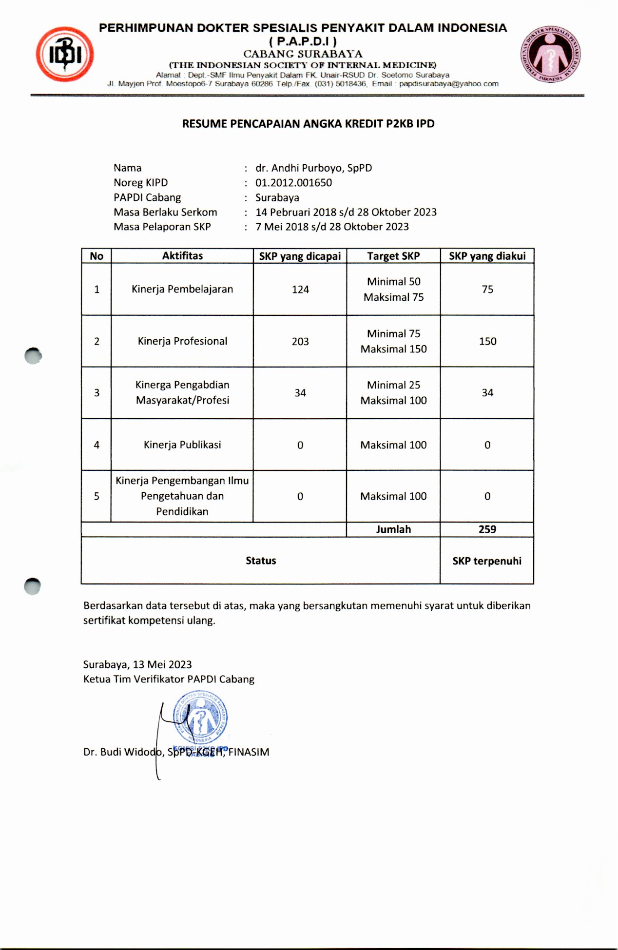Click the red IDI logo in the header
point(65,54)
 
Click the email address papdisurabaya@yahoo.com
point(449,84)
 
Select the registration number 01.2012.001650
point(293,183)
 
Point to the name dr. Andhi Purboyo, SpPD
point(313,168)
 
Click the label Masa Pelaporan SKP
point(162,227)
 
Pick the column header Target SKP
point(393,256)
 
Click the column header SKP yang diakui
point(487,256)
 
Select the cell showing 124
point(300,290)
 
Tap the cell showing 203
point(300,342)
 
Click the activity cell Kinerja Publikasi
point(182,445)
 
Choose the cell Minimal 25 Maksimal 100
point(393,393)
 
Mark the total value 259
point(487,529)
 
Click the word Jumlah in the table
point(393,529)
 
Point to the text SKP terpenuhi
point(487,561)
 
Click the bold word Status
point(261,561)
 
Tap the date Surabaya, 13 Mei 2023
point(137,665)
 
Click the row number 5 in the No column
point(97,496)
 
